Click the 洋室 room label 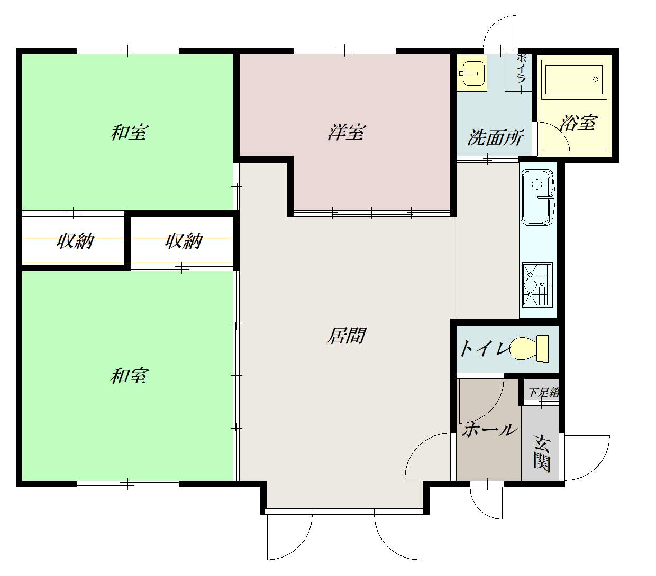tap(347, 132)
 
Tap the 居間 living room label tap(346, 335)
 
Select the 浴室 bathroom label tap(578, 123)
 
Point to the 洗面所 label tap(495, 137)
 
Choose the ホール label tap(489, 431)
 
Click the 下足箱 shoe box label tap(543, 393)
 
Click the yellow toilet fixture tap(529, 348)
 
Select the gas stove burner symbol tap(537, 285)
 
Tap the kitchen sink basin tap(538, 198)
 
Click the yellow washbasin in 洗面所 tap(472, 73)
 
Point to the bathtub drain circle tap(596, 79)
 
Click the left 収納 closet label tap(75, 241)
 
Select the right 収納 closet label tap(184, 241)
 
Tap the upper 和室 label tap(129, 132)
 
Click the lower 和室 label tap(129, 376)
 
